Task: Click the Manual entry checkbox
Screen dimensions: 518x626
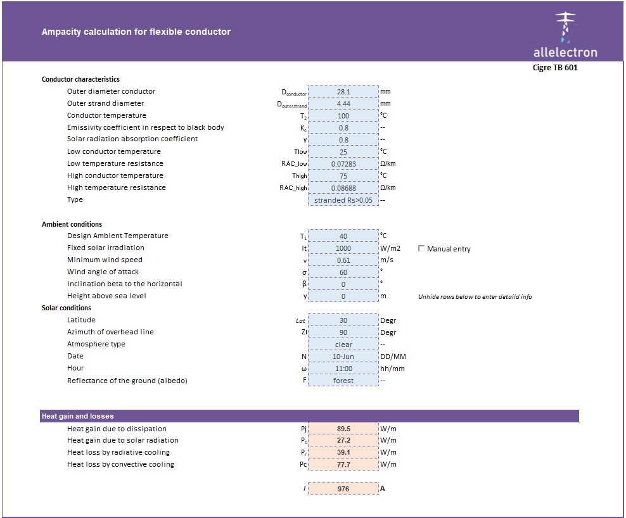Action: click(x=422, y=249)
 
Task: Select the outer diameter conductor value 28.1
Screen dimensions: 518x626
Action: click(x=343, y=92)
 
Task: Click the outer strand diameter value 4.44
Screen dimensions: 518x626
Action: click(x=343, y=104)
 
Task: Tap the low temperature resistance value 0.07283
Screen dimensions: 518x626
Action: click(x=343, y=164)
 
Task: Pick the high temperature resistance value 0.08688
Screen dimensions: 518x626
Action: click(x=343, y=188)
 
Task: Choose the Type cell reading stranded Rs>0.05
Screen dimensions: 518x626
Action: click(x=343, y=200)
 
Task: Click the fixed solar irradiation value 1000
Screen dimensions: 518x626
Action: click(x=343, y=248)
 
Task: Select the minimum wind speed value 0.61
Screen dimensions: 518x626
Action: click(x=343, y=260)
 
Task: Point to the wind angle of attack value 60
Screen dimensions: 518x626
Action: click(x=343, y=272)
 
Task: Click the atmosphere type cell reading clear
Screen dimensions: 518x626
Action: click(x=343, y=344)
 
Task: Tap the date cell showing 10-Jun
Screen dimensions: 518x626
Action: click(x=343, y=357)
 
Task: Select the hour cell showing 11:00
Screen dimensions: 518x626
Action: click(x=343, y=369)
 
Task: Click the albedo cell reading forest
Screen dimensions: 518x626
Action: click(x=343, y=381)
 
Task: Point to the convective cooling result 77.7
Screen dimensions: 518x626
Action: click(x=343, y=465)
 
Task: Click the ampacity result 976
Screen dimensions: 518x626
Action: click(x=343, y=489)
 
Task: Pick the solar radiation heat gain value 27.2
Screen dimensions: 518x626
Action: click(x=343, y=441)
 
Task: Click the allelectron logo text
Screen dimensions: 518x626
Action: click(x=565, y=52)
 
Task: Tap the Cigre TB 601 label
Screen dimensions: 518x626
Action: click(x=555, y=68)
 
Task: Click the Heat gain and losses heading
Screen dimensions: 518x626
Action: click(x=77, y=416)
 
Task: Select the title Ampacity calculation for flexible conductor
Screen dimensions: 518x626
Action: click(x=136, y=32)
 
